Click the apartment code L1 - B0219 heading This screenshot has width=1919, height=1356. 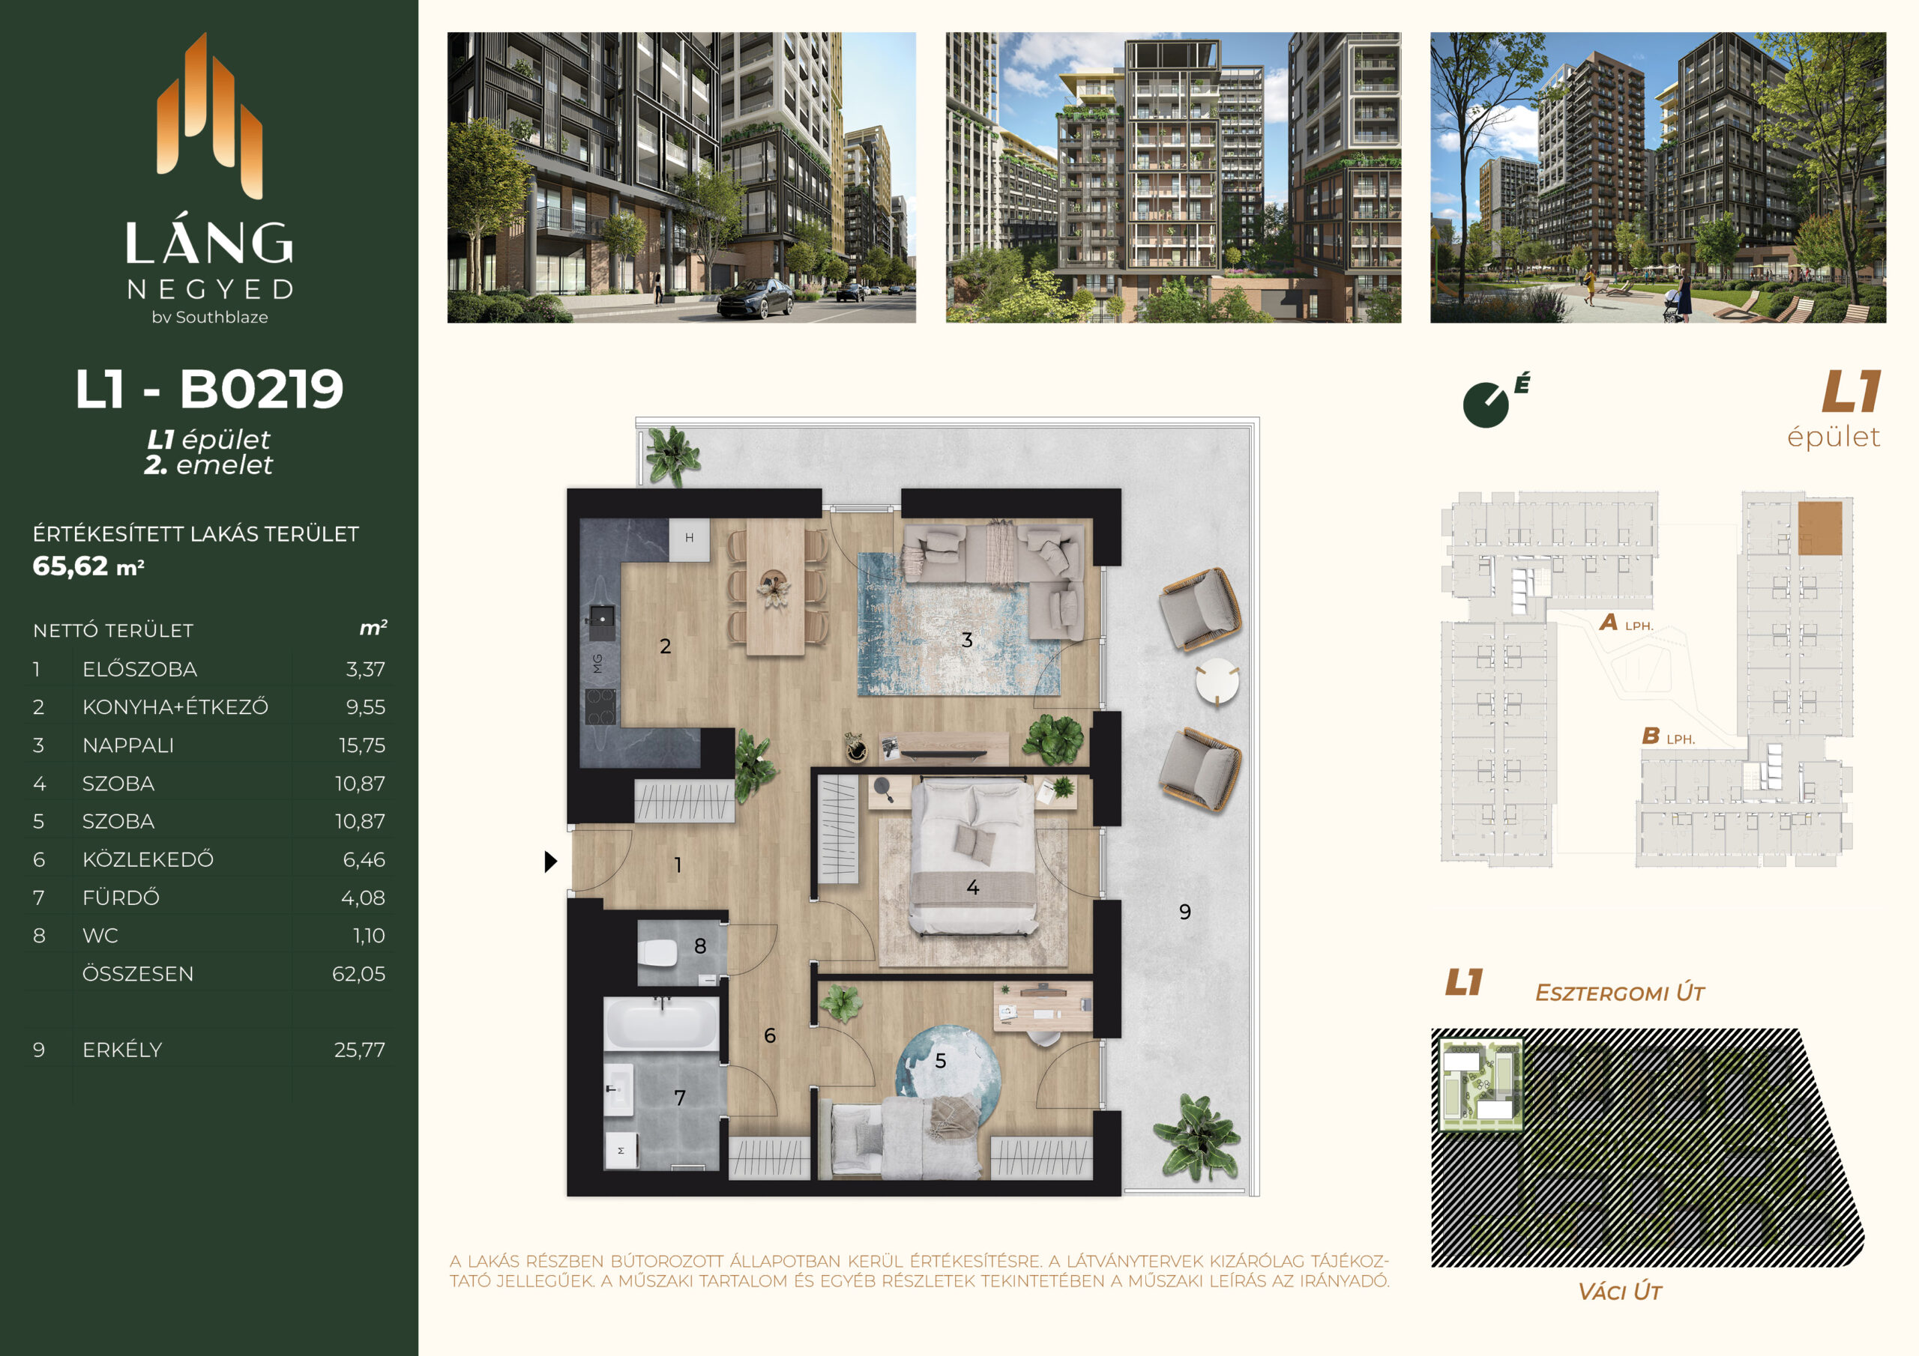coord(209,389)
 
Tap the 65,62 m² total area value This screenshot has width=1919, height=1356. coord(88,566)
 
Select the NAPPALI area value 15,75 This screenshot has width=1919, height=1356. coord(362,745)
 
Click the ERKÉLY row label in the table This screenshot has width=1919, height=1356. coord(122,1050)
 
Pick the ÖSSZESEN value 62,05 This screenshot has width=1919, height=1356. coord(358,973)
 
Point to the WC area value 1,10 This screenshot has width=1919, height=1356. coord(369,936)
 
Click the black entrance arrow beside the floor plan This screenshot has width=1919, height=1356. coord(550,862)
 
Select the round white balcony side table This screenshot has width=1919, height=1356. coord(1217,682)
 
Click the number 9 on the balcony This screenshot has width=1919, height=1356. coord(1184,912)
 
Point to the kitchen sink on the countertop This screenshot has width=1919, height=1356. coord(602,617)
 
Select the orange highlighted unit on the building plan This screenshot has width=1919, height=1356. coord(1819,528)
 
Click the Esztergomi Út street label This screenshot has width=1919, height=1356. coord(1619,993)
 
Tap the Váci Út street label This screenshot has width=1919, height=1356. coord(1619,1292)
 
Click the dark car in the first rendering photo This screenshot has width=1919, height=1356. coord(755,298)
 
